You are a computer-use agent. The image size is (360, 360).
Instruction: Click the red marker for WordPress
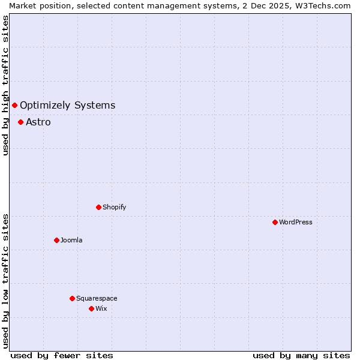[275, 222]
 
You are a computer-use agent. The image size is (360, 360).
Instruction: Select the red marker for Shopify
[98, 207]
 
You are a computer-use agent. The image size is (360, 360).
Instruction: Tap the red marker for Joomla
[56, 240]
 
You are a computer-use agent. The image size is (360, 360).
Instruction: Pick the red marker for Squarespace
[72, 298]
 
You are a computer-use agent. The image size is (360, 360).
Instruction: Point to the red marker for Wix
[91, 308]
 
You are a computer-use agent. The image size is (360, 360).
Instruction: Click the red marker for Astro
[20, 122]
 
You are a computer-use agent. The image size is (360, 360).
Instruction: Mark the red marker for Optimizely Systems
[14, 106]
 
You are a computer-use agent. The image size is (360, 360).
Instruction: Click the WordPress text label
[296, 222]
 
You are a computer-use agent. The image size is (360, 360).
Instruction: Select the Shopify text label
[114, 207]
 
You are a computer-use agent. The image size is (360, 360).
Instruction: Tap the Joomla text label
[71, 240]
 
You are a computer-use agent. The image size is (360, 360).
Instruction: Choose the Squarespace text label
[97, 298]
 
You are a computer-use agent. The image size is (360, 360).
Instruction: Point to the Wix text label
[101, 308]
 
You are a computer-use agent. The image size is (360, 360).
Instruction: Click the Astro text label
[38, 122]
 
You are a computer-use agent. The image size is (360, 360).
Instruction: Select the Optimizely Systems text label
[67, 106]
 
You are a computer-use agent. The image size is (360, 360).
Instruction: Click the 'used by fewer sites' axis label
[62, 355]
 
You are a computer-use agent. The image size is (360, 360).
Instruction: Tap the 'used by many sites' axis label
[301, 355]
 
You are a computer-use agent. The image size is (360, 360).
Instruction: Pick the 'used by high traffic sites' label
[5, 85]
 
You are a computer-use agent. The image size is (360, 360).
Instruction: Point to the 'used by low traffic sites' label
[5, 281]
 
